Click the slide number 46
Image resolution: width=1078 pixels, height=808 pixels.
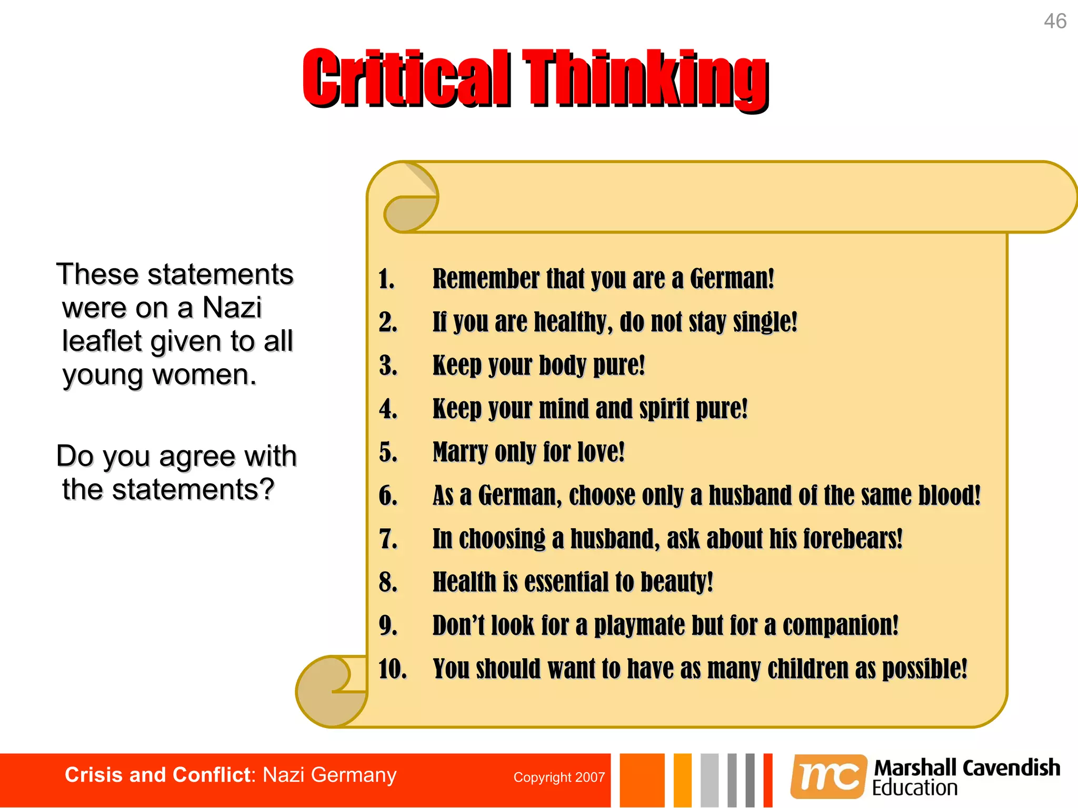tap(1055, 22)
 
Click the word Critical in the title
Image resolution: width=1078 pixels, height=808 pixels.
tap(406, 78)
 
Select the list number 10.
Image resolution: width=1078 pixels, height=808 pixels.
tap(392, 669)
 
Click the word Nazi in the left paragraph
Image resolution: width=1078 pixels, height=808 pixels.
tap(232, 308)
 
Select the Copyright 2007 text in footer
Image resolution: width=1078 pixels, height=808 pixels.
tap(559, 777)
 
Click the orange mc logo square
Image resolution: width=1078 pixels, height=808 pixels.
tap(828, 776)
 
